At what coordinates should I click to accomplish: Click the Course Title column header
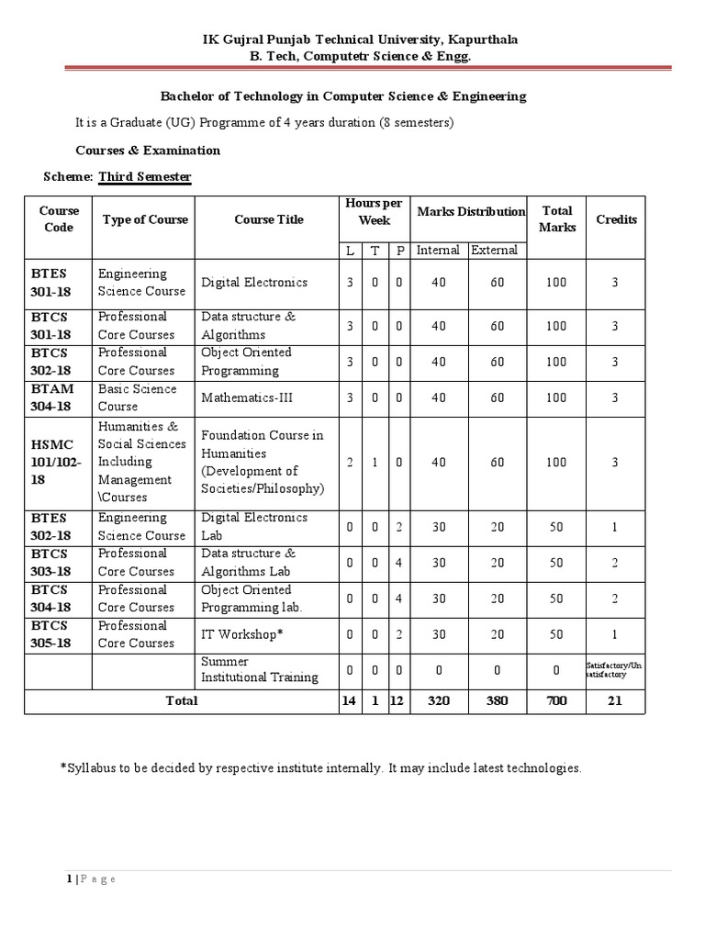pos(268,219)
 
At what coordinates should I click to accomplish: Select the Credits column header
pos(616,219)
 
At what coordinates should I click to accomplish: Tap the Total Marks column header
pos(557,218)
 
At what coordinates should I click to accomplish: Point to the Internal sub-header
pos(438,250)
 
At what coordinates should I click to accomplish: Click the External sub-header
pos(495,250)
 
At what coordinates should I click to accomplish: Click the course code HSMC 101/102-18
pos(58,462)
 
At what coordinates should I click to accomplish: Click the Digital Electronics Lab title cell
pos(254,526)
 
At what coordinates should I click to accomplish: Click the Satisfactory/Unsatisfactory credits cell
pos(616,669)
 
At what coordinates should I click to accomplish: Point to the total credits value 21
pos(616,700)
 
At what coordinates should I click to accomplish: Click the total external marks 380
pos(497,700)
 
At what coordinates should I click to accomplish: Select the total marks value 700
pos(557,700)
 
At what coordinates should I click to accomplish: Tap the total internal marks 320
pos(438,700)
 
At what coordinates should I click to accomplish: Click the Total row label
pos(181,700)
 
